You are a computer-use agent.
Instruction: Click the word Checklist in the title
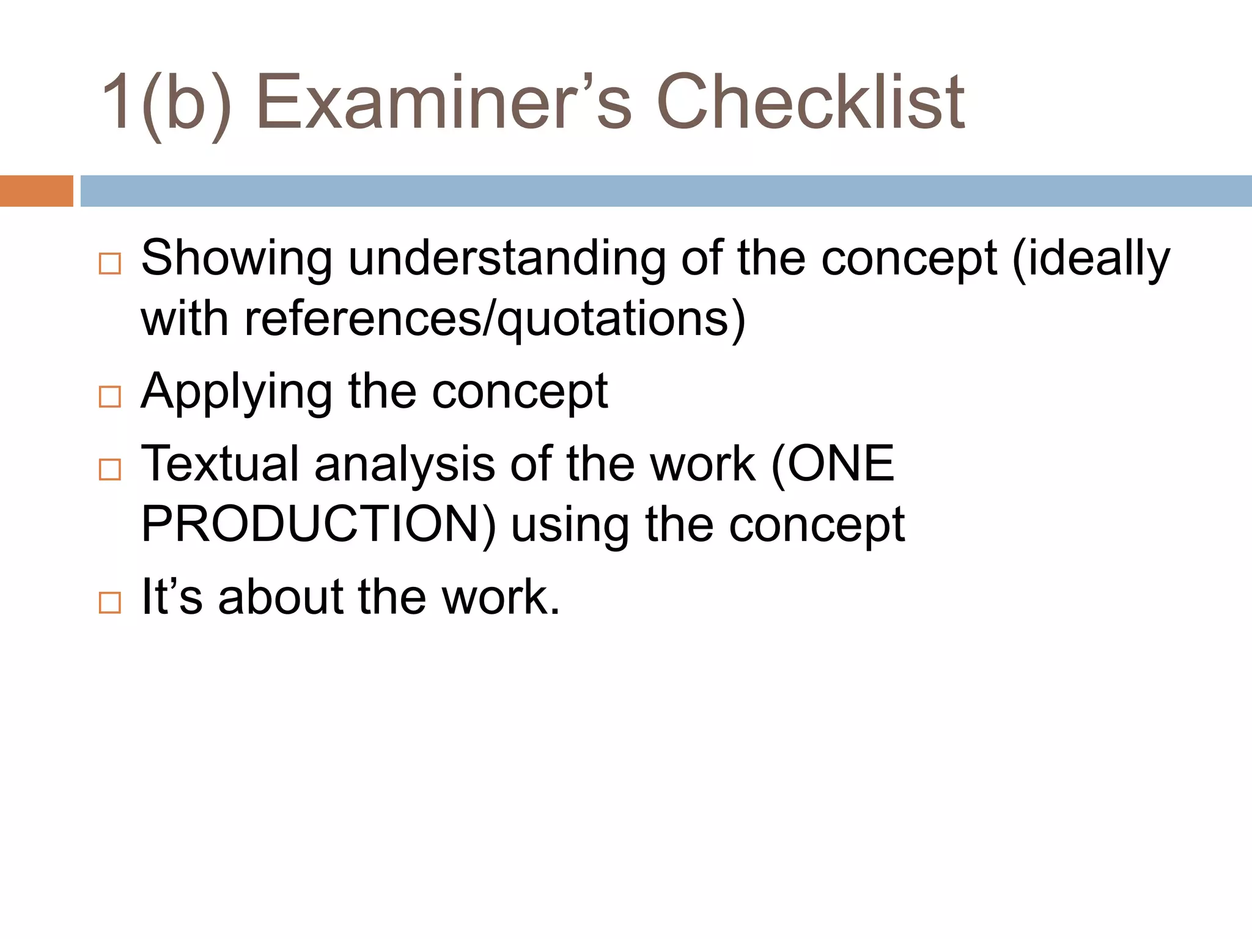810,102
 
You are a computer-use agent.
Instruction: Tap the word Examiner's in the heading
443,102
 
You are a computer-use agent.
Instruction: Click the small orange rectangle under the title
36,191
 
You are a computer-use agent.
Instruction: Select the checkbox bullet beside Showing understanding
110,263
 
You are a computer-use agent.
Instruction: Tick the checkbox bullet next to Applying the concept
110,397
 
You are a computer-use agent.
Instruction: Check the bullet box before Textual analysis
110,469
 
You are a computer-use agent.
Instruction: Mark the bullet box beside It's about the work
110,602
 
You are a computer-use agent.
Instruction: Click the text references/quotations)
495,319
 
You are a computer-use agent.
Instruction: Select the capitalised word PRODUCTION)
319,525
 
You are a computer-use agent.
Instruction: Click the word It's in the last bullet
172,597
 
